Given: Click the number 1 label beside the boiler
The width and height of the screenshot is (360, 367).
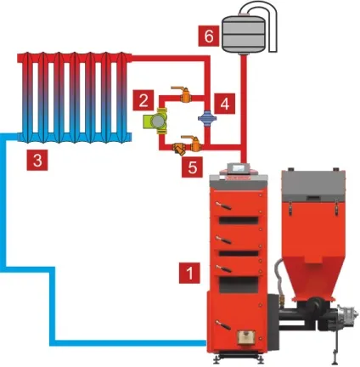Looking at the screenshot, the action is pyautogui.click(x=189, y=273).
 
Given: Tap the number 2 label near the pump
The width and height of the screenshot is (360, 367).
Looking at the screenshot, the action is pyautogui.click(x=143, y=100).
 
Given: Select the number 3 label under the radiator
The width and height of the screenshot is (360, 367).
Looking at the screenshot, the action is pyautogui.click(x=37, y=161).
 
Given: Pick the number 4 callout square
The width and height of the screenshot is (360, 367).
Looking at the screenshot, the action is pyautogui.click(x=224, y=104).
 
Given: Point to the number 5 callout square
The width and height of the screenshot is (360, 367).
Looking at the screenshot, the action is pyautogui.click(x=192, y=167).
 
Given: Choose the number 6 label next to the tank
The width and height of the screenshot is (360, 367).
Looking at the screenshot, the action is pyautogui.click(x=209, y=36).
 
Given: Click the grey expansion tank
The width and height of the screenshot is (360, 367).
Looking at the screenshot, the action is pyautogui.click(x=244, y=34).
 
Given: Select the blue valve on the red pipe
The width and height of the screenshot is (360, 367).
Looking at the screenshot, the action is pyautogui.click(x=207, y=117).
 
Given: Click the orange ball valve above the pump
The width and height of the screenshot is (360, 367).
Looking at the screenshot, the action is pyautogui.click(x=183, y=93).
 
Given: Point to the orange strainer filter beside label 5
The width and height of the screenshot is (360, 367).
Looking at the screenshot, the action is pyautogui.click(x=179, y=149).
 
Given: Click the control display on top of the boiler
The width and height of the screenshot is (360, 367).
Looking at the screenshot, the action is pyautogui.click(x=239, y=168).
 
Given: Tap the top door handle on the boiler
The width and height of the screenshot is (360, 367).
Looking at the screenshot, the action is pyautogui.click(x=223, y=206).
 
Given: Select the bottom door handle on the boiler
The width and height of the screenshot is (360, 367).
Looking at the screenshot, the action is pyautogui.click(x=222, y=325).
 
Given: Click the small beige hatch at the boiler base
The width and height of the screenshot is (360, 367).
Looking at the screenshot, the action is pyautogui.click(x=245, y=336).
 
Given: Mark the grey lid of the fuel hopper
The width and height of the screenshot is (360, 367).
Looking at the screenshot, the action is pyautogui.click(x=313, y=183).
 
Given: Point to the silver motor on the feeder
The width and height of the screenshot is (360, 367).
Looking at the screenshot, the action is pyautogui.click(x=348, y=315).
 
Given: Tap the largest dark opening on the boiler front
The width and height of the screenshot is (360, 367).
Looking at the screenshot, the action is pyautogui.click(x=239, y=285).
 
